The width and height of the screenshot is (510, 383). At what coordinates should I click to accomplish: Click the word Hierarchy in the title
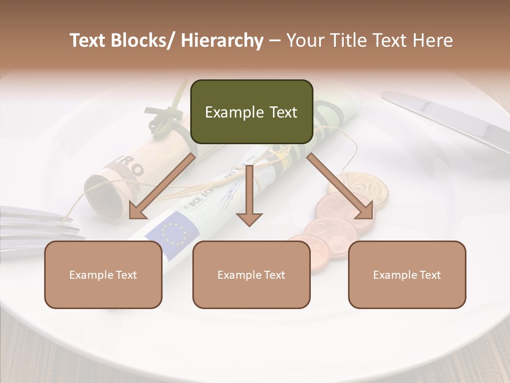(222, 40)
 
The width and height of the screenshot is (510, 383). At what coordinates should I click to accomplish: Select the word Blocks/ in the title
(144, 40)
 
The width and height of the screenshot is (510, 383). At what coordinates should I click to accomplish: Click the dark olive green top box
(251, 112)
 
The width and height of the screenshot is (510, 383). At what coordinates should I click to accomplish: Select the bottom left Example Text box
(103, 274)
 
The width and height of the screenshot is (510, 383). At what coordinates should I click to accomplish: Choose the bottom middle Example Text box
(251, 274)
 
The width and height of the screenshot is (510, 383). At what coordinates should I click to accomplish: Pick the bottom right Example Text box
(407, 274)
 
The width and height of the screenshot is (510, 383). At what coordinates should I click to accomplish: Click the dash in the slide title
(275, 40)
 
